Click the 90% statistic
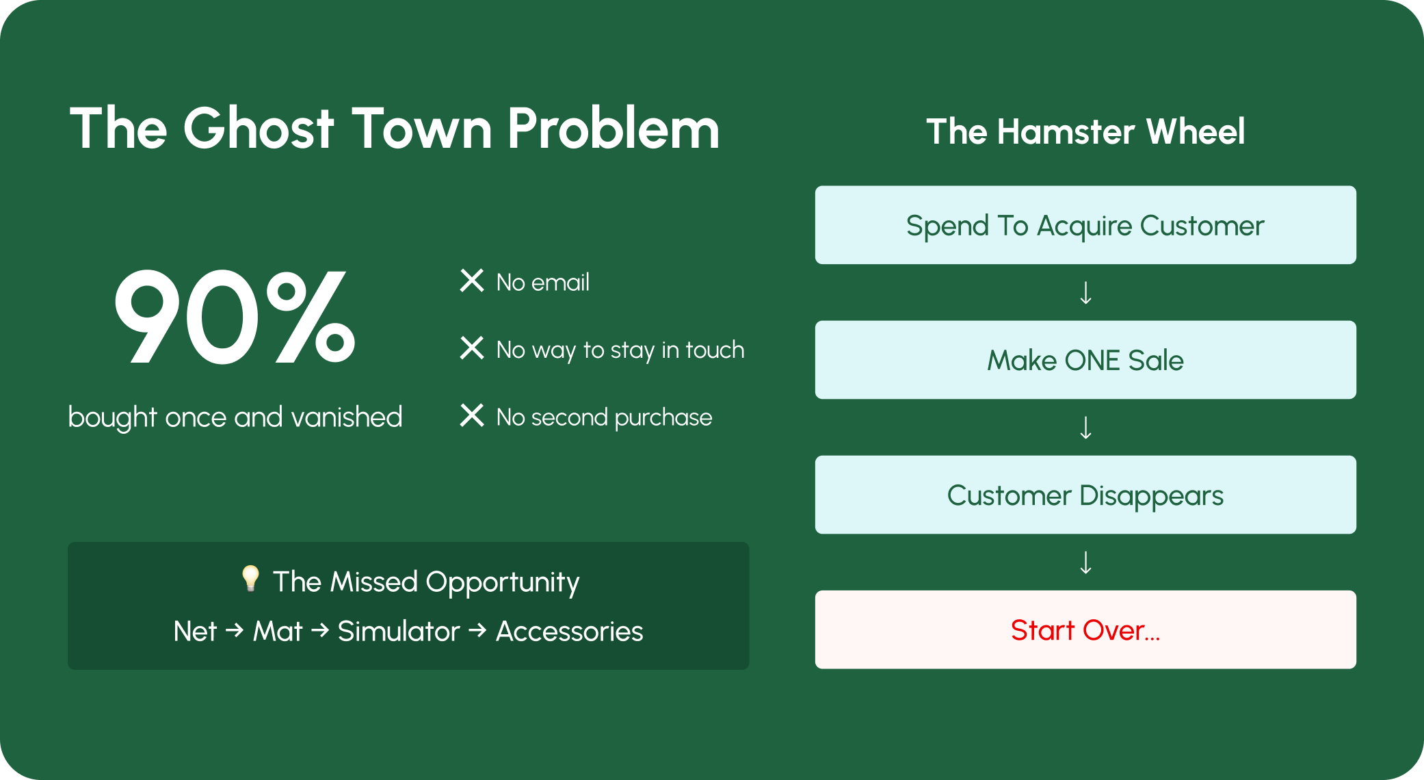coord(235,317)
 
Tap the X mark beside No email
coord(472,281)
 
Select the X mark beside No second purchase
coord(472,415)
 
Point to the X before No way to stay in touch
coord(472,348)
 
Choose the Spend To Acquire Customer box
coord(1085,225)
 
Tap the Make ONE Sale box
coord(1085,360)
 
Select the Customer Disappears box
coord(1085,495)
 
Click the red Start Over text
coord(1085,630)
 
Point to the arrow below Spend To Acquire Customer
coord(1085,293)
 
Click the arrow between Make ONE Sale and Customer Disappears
coord(1085,428)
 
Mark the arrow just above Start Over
coord(1085,562)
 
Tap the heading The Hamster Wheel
coord(1085,131)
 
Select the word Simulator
coord(399,631)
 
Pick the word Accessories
coord(570,631)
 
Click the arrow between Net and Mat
coord(235,630)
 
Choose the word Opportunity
coord(503,582)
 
